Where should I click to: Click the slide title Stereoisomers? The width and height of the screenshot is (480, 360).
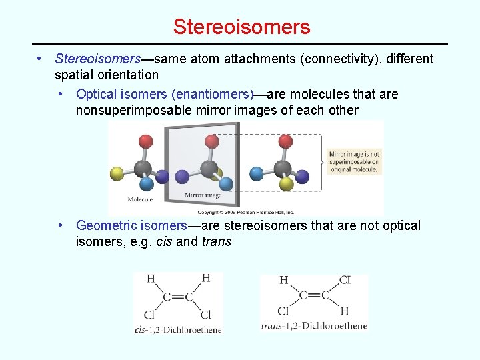tap(241, 27)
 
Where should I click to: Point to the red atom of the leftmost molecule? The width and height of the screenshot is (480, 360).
tap(146, 141)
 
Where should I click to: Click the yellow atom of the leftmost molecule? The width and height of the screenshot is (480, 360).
tap(117, 175)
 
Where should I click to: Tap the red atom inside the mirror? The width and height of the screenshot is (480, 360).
tap(212, 141)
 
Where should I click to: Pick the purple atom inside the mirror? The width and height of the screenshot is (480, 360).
tap(182, 177)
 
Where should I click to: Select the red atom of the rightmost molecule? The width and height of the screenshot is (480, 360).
tap(285, 141)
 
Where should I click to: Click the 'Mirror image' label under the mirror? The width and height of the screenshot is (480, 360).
tap(203, 196)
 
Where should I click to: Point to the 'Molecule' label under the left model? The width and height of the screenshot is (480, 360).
tap(140, 199)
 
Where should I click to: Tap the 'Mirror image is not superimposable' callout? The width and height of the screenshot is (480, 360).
tap(354, 161)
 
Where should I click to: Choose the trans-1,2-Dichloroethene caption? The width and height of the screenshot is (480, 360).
tap(314, 326)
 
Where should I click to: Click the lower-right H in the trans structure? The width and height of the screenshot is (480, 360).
tap(344, 311)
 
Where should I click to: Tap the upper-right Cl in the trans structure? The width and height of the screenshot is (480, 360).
tap(344, 280)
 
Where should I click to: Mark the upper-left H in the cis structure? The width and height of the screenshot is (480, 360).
tap(151, 279)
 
